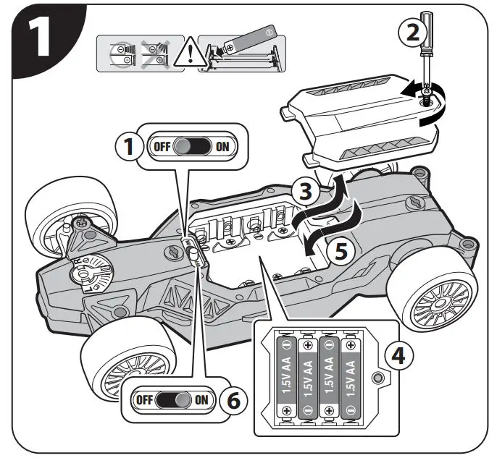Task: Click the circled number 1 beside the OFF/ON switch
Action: tap(129, 147)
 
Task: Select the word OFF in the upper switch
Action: tap(162, 147)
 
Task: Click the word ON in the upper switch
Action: tap(222, 147)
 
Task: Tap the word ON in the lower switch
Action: tap(201, 399)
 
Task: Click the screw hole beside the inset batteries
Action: tap(376, 378)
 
